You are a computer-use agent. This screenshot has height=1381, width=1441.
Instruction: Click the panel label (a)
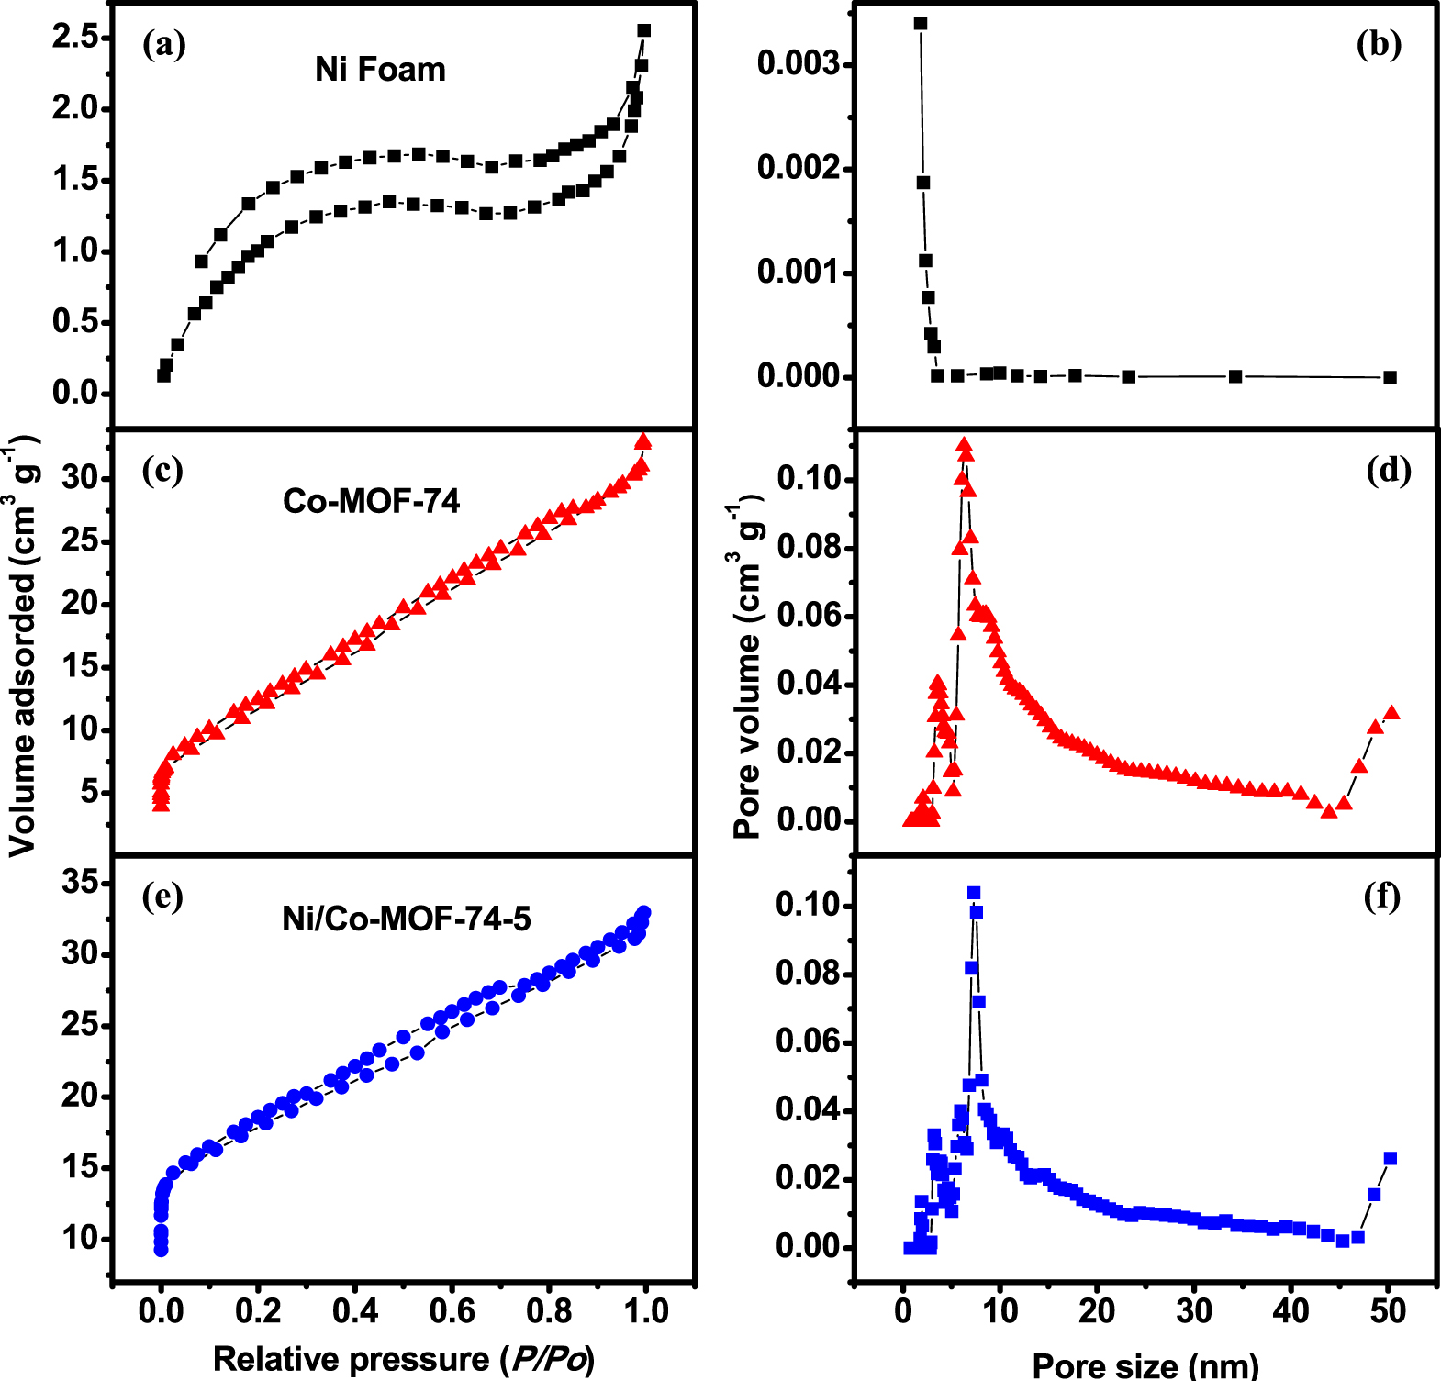(164, 44)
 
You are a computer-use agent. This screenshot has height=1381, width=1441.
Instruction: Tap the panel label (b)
(1379, 44)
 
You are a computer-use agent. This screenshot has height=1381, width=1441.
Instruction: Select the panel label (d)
(1388, 470)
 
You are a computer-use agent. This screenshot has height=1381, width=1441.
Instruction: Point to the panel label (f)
(1382, 896)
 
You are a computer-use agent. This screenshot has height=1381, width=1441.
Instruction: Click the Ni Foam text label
(380, 70)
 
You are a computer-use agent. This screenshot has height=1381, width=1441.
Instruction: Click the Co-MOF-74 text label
(371, 501)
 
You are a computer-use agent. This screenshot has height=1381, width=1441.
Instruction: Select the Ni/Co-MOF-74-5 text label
(406, 919)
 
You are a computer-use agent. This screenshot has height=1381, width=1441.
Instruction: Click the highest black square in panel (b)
(921, 23)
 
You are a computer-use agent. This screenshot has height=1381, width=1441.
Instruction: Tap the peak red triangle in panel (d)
(964, 445)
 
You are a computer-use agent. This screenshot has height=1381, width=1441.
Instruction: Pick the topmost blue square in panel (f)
(974, 893)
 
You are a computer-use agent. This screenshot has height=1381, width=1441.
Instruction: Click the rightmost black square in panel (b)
(1390, 377)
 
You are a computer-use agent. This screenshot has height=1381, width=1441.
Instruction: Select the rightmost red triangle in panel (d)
(1391, 712)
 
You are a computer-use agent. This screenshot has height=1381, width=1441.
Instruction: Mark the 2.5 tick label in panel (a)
(75, 37)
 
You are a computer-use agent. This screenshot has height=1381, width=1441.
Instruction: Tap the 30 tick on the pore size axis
(1194, 1311)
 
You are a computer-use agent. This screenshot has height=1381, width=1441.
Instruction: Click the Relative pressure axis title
(404, 1359)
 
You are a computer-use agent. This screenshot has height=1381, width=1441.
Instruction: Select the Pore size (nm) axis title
(1145, 1364)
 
